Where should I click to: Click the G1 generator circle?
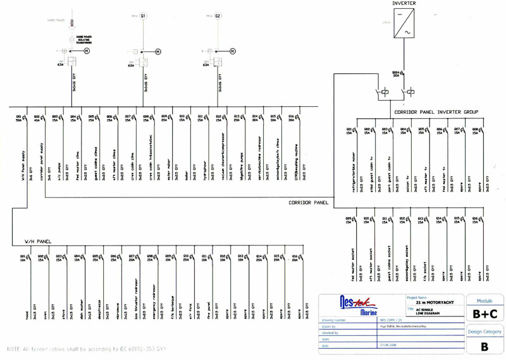point(144,15)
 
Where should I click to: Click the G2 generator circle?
point(218,15)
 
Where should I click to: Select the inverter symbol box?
point(404,23)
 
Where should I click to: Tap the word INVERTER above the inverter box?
point(404,4)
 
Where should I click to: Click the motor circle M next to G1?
point(158,51)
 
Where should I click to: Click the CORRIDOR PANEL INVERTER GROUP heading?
point(436,113)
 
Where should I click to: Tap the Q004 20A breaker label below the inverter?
point(397,74)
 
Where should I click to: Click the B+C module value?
point(484,313)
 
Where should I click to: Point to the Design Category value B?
point(484,346)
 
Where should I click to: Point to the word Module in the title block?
point(484,301)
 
